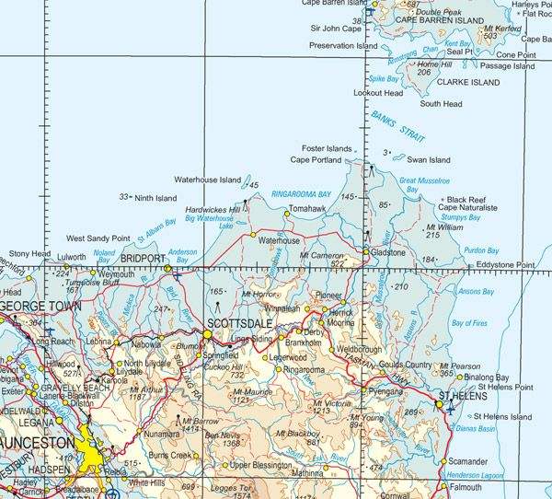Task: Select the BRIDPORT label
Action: click(x=142, y=259)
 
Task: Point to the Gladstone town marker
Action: click(x=365, y=251)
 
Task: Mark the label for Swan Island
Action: click(x=428, y=158)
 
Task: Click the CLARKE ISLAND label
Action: click(x=469, y=82)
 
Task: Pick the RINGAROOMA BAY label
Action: click(x=301, y=195)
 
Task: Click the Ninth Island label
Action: click(x=155, y=197)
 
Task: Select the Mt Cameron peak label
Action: click(x=321, y=254)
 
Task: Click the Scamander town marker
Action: click(x=443, y=460)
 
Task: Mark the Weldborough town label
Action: click(x=359, y=350)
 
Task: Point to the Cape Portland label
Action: click(x=316, y=159)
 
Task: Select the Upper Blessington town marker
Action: click(x=224, y=465)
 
